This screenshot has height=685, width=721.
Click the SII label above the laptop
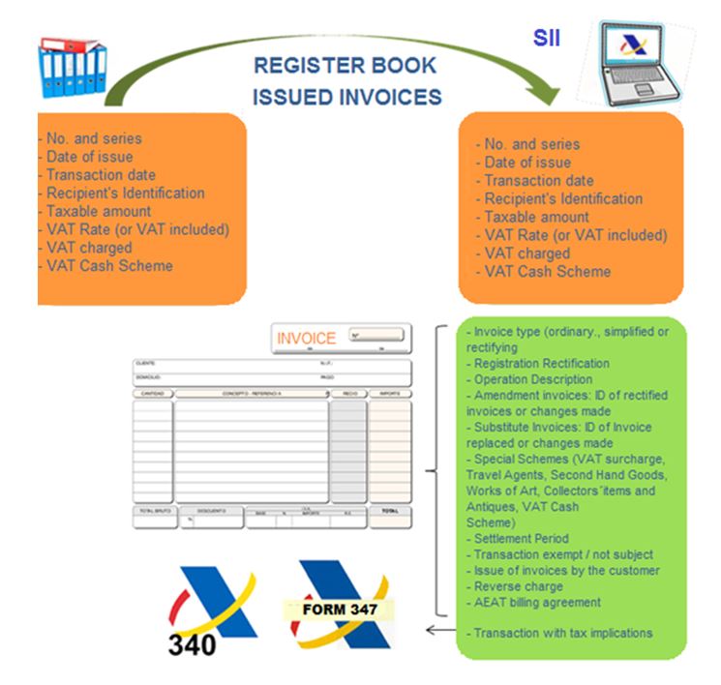click(547, 38)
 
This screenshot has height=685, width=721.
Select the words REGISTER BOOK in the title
click(345, 67)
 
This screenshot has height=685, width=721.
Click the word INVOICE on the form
click(306, 339)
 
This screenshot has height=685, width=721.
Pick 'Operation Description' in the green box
click(532, 380)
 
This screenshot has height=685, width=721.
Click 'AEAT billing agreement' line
click(537, 602)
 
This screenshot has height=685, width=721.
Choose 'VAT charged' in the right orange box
click(526, 253)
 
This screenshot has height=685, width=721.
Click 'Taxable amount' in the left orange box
click(98, 211)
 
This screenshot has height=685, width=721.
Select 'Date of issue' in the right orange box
click(527, 163)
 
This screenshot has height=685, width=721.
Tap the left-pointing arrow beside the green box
click(439, 633)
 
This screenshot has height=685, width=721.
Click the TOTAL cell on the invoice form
click(390, 511)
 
